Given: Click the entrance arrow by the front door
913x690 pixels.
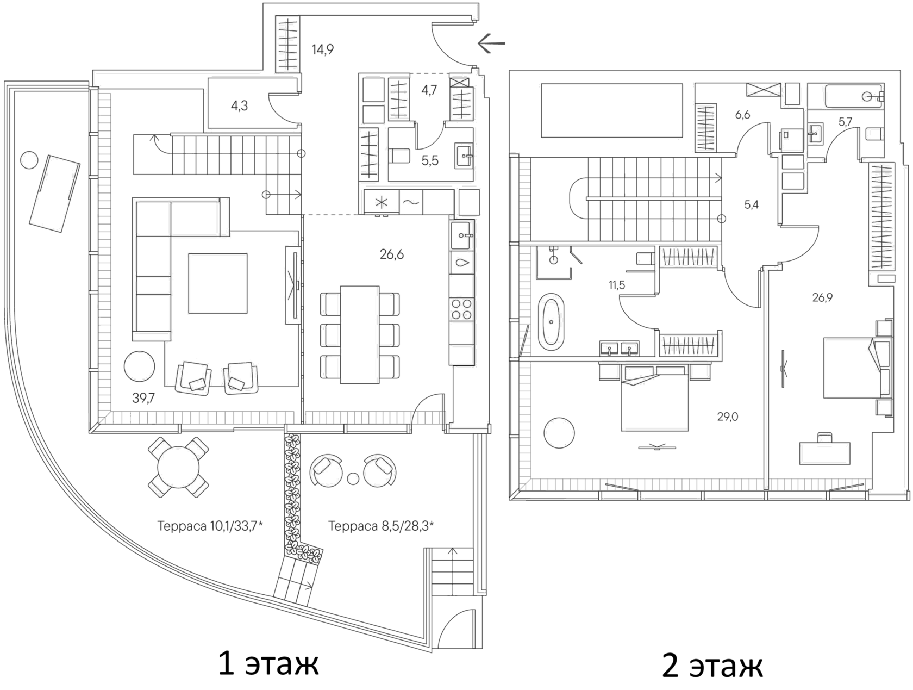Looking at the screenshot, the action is click(x=491, y=43).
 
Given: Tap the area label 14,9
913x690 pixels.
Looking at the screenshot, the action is click(x=323, y=50).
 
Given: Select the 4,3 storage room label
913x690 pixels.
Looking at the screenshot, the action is click(x=239, y=105).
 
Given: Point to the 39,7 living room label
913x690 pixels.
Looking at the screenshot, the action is click(x=143, y=398).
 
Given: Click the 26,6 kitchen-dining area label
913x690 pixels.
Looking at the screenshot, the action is click(x=392, y=254).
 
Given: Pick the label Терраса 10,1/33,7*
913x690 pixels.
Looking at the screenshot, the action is click(x=210, y=526).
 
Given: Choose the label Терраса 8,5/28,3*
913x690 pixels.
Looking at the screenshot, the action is click(x=381, y=526).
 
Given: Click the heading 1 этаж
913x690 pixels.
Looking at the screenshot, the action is click(x=268, y=664).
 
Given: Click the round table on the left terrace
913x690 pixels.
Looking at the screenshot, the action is click(x=178, y=468).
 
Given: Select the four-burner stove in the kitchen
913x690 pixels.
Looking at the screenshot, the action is click(x=462, y=309).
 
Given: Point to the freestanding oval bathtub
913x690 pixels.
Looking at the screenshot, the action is click(x=551, y=322).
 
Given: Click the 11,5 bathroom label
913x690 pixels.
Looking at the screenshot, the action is click(x=616, y=285).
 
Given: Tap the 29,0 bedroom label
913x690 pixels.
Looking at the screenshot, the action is click(x=728, y=417).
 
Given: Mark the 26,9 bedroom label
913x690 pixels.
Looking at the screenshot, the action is click(x=822, y=297).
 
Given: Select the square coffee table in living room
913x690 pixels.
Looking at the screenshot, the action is click(x=217, y=283).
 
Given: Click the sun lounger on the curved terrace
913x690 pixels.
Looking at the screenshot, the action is click(x=54, y=194).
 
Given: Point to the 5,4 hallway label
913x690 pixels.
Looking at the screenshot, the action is click(x=751, y=204).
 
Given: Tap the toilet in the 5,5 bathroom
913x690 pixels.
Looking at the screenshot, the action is click(x=400, y=156).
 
